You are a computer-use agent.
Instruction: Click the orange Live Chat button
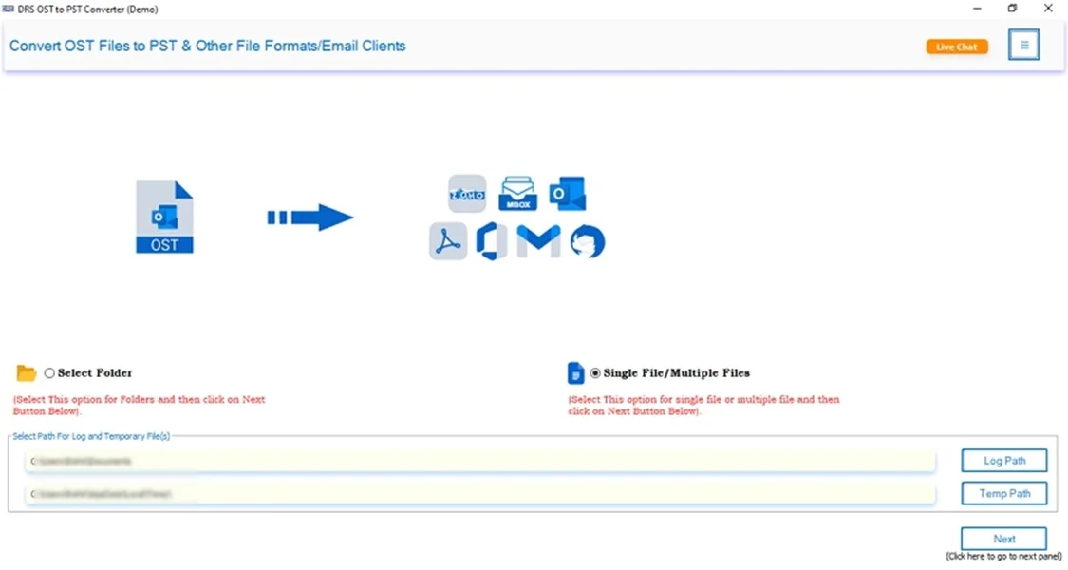[957, 47]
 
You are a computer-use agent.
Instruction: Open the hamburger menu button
[1023, 45]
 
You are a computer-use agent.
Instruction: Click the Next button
[1003, 539]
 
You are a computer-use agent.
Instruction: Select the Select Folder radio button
[49, 373]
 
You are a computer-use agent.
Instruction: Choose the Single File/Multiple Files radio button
[595, 373]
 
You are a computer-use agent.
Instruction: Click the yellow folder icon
[27, 373]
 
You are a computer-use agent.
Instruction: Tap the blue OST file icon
[164, 218]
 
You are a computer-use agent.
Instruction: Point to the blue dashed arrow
[310, 218]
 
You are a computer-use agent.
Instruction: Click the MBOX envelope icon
[517, 193]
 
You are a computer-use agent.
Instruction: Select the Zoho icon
[467, 194]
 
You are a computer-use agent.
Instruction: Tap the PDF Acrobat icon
[447, 241]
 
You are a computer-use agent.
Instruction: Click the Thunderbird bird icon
[587, 242]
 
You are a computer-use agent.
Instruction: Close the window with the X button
[1048, 9]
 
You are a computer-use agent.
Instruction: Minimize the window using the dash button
[977, 9]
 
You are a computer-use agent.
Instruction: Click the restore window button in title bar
[1013, 9]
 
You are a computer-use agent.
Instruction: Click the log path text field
[479, 461]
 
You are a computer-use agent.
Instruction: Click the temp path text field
[479, 494]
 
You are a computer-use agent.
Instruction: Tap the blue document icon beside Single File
[575, 372]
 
